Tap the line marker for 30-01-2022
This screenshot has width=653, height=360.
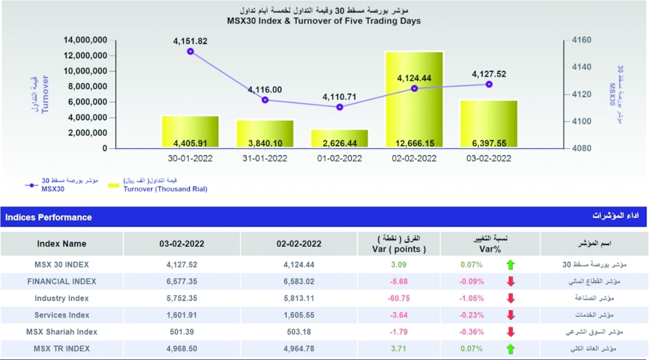[x=191, y=51]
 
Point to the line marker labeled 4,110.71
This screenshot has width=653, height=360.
[x=340, y=106]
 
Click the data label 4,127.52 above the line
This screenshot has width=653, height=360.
[x=490, y=74]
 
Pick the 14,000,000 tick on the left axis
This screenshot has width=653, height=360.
[x=85, y=41]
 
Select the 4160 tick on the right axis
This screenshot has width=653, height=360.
[x=581, y=41]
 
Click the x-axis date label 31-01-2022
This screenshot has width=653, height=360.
[x=264, y=158]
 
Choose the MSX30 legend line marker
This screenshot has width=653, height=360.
[x=31, y=186]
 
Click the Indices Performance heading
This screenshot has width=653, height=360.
[x=48, y=217]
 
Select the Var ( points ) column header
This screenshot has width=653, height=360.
[x=400, y=249]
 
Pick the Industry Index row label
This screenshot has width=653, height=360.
[x=61, y=298]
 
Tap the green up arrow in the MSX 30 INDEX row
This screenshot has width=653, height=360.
[x=511, y=265]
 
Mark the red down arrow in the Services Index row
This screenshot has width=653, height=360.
[x=511, y=315]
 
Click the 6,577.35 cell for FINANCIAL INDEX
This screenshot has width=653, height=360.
[x=182, y=282]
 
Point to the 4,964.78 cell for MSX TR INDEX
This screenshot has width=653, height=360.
[x=299, y=349]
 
